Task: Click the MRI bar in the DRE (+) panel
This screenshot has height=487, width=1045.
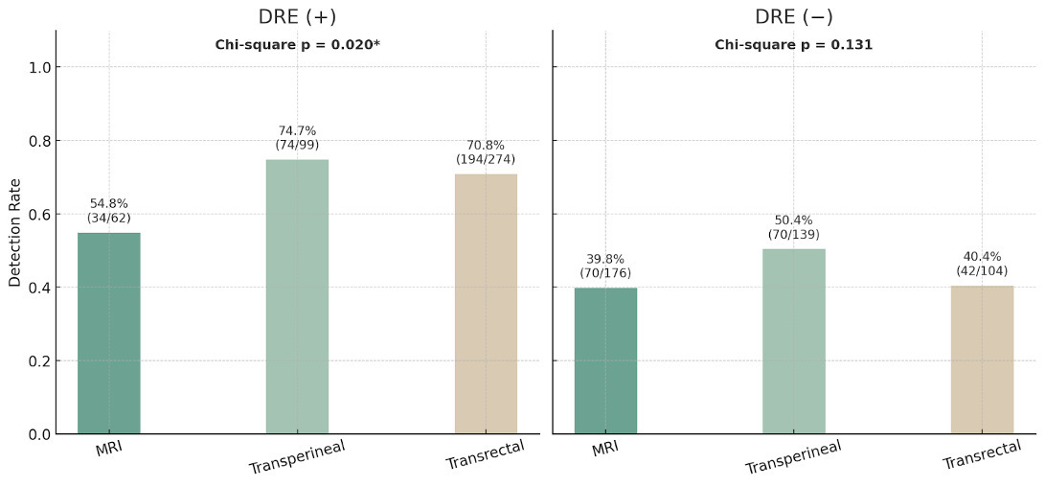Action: (108, 334)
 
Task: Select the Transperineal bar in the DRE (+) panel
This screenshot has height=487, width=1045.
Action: (297, 297)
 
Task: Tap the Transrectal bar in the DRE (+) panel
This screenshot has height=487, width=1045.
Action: (486, 304)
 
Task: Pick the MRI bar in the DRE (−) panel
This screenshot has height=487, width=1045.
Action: (605, 360)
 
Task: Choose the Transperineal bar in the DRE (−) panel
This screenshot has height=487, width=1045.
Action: (794, 341)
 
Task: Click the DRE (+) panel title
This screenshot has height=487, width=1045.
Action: (297, 17)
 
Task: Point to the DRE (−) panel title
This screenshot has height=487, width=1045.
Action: (794, 17)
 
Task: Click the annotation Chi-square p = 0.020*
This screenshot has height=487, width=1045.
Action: (297, 45)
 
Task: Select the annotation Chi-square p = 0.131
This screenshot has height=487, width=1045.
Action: (794, 45)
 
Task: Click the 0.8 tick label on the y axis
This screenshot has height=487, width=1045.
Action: (37, 141)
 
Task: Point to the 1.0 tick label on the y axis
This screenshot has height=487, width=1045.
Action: (37, 67)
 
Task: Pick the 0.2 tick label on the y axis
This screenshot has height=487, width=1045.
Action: (37, 361)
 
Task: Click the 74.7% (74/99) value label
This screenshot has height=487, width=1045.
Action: (297, 138)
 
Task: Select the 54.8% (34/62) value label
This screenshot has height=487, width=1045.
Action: (108, 211)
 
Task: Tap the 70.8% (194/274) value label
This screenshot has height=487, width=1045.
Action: (486, 152)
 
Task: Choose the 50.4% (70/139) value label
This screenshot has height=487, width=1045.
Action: (794, 227)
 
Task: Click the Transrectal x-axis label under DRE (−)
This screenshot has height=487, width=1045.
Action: (975, 455)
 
